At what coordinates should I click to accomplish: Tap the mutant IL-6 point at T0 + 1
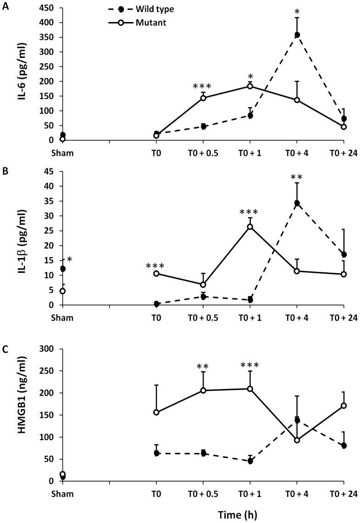250,86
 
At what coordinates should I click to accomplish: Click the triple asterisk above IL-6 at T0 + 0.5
202,87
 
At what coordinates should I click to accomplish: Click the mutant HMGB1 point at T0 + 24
344,406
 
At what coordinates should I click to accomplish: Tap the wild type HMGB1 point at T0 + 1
250,461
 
